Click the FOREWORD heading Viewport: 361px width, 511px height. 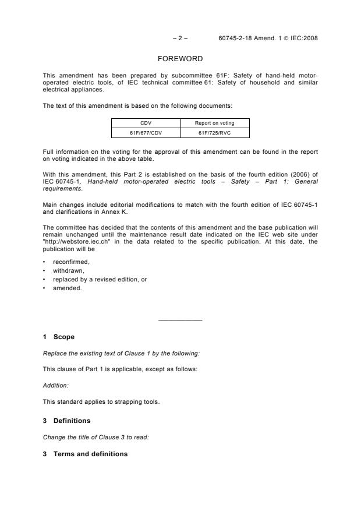coord(180,59)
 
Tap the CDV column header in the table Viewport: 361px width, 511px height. coord(146,123)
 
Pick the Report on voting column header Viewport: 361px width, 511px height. coord(215,123)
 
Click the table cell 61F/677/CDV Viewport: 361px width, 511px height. coord(146,132)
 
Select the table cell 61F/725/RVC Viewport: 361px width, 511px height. coord(215,132)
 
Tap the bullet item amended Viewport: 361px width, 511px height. coord(68,288)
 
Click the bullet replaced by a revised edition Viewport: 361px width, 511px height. coord(100,280)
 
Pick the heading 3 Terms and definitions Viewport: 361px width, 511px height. coord(85,454)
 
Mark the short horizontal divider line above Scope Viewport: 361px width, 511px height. coord(180,320)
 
